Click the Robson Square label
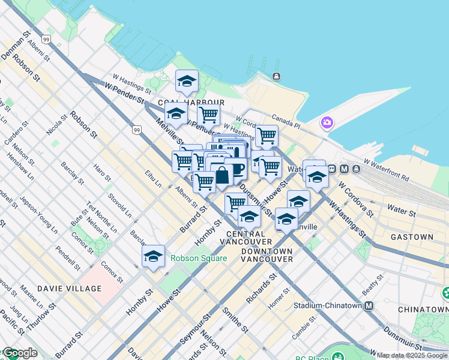tap(199, 259)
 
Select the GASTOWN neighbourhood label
tap(412, 237)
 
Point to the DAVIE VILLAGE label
tap(70, 289)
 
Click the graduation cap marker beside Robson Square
tap(154, 257)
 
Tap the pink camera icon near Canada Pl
tap(327, 123)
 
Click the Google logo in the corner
tap(20, 353)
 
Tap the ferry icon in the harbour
tap(276, 76)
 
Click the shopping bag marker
tap(222, 176)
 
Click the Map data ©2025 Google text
tap(412, 355)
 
